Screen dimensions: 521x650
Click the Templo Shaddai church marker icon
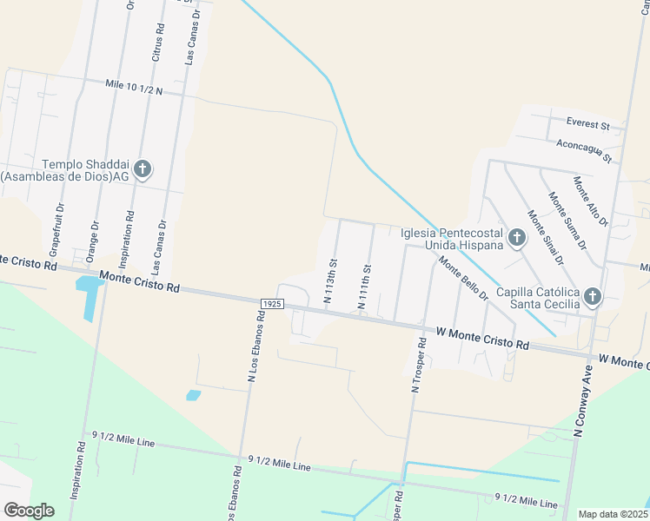click(143, 169)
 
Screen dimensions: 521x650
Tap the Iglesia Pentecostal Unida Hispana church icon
click(517, 237)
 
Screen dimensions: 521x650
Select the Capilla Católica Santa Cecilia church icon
click(592, 297)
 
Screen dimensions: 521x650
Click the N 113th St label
click(329, 280)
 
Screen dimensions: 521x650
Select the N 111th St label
click(365, 287)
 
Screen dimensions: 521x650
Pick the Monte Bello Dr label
click(463, 280)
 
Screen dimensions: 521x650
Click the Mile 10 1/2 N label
click(132, 89)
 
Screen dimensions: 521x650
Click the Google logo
click(29, 510)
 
